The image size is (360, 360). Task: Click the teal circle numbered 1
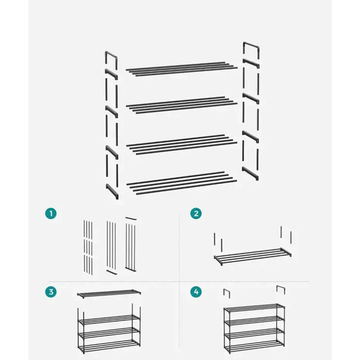pos(50,213)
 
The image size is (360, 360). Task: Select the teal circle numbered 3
pos(50,292)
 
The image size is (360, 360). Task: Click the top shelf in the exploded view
pos(182,68)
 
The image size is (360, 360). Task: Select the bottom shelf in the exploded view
pos(181,183)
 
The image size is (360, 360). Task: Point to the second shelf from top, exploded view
pos(181,105)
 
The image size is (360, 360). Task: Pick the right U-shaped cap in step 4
pos(281,290)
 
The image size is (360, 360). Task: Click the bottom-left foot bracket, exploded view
pos(112,191)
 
